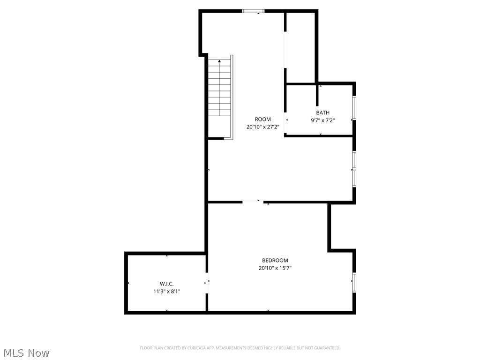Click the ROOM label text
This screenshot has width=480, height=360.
click(262, 120)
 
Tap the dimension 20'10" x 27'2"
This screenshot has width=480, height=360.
click(262, 127)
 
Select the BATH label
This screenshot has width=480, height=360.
click(322, 112)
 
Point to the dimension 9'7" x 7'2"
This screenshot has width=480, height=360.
click(322, 120)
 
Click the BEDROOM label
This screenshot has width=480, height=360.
click(275, 261)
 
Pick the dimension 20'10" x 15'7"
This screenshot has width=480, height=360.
click(275, 268)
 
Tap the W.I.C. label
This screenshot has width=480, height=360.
click(166, 284)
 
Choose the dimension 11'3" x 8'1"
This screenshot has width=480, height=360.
click(166, 291)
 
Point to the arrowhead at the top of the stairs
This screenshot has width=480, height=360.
click(219, 61)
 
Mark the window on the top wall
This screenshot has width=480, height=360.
click(253, 11)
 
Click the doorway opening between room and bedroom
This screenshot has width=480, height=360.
click(253, 202)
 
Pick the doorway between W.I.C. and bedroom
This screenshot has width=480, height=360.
click(207, 283)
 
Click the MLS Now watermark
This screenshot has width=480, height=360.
click(26, 353)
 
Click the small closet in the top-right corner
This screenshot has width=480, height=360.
click(300, 47)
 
